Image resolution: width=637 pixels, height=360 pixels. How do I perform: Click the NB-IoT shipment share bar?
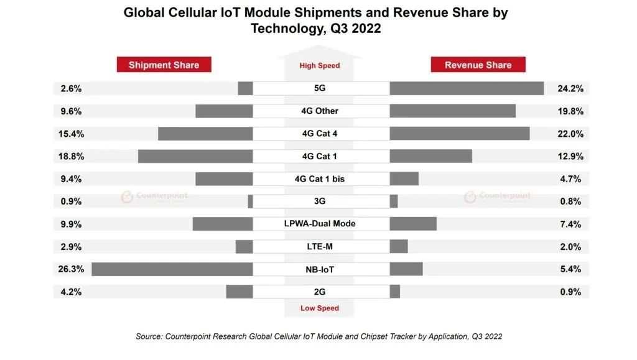(x=172, y=269)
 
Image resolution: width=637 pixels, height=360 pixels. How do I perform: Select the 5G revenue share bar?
(x=467, y=88)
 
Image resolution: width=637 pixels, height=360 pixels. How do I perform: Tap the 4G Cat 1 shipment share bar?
(x=195, y=157)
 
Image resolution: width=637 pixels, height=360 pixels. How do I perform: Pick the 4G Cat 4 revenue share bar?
(x=460, y=134)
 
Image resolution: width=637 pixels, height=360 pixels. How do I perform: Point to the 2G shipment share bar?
(x=239, y=292)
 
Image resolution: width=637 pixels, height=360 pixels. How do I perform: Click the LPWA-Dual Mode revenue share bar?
(x=413, y=224)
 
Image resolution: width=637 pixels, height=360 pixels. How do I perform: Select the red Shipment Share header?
(x=164, y=65)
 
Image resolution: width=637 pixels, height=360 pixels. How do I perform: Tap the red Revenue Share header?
(x=478, y=65)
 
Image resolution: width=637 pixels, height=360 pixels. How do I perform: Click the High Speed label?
(x=320, y=65)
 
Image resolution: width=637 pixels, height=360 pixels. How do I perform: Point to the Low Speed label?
(x=320, y=308)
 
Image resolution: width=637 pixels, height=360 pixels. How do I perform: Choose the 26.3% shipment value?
(x=71, y=269)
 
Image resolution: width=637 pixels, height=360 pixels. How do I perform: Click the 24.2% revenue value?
(x=570, y=88)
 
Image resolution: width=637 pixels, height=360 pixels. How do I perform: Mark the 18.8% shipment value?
(x=71, y=157)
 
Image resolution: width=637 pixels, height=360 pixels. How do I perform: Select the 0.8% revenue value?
(x=570, y=201)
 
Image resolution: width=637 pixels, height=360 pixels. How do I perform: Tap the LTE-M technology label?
(x=320, y=246)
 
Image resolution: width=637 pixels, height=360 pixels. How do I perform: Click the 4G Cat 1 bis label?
(x=320, y=179)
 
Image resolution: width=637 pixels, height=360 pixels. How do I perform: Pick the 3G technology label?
(x=320, y=201)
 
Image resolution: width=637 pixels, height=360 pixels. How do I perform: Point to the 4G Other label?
(x=320, y=111)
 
